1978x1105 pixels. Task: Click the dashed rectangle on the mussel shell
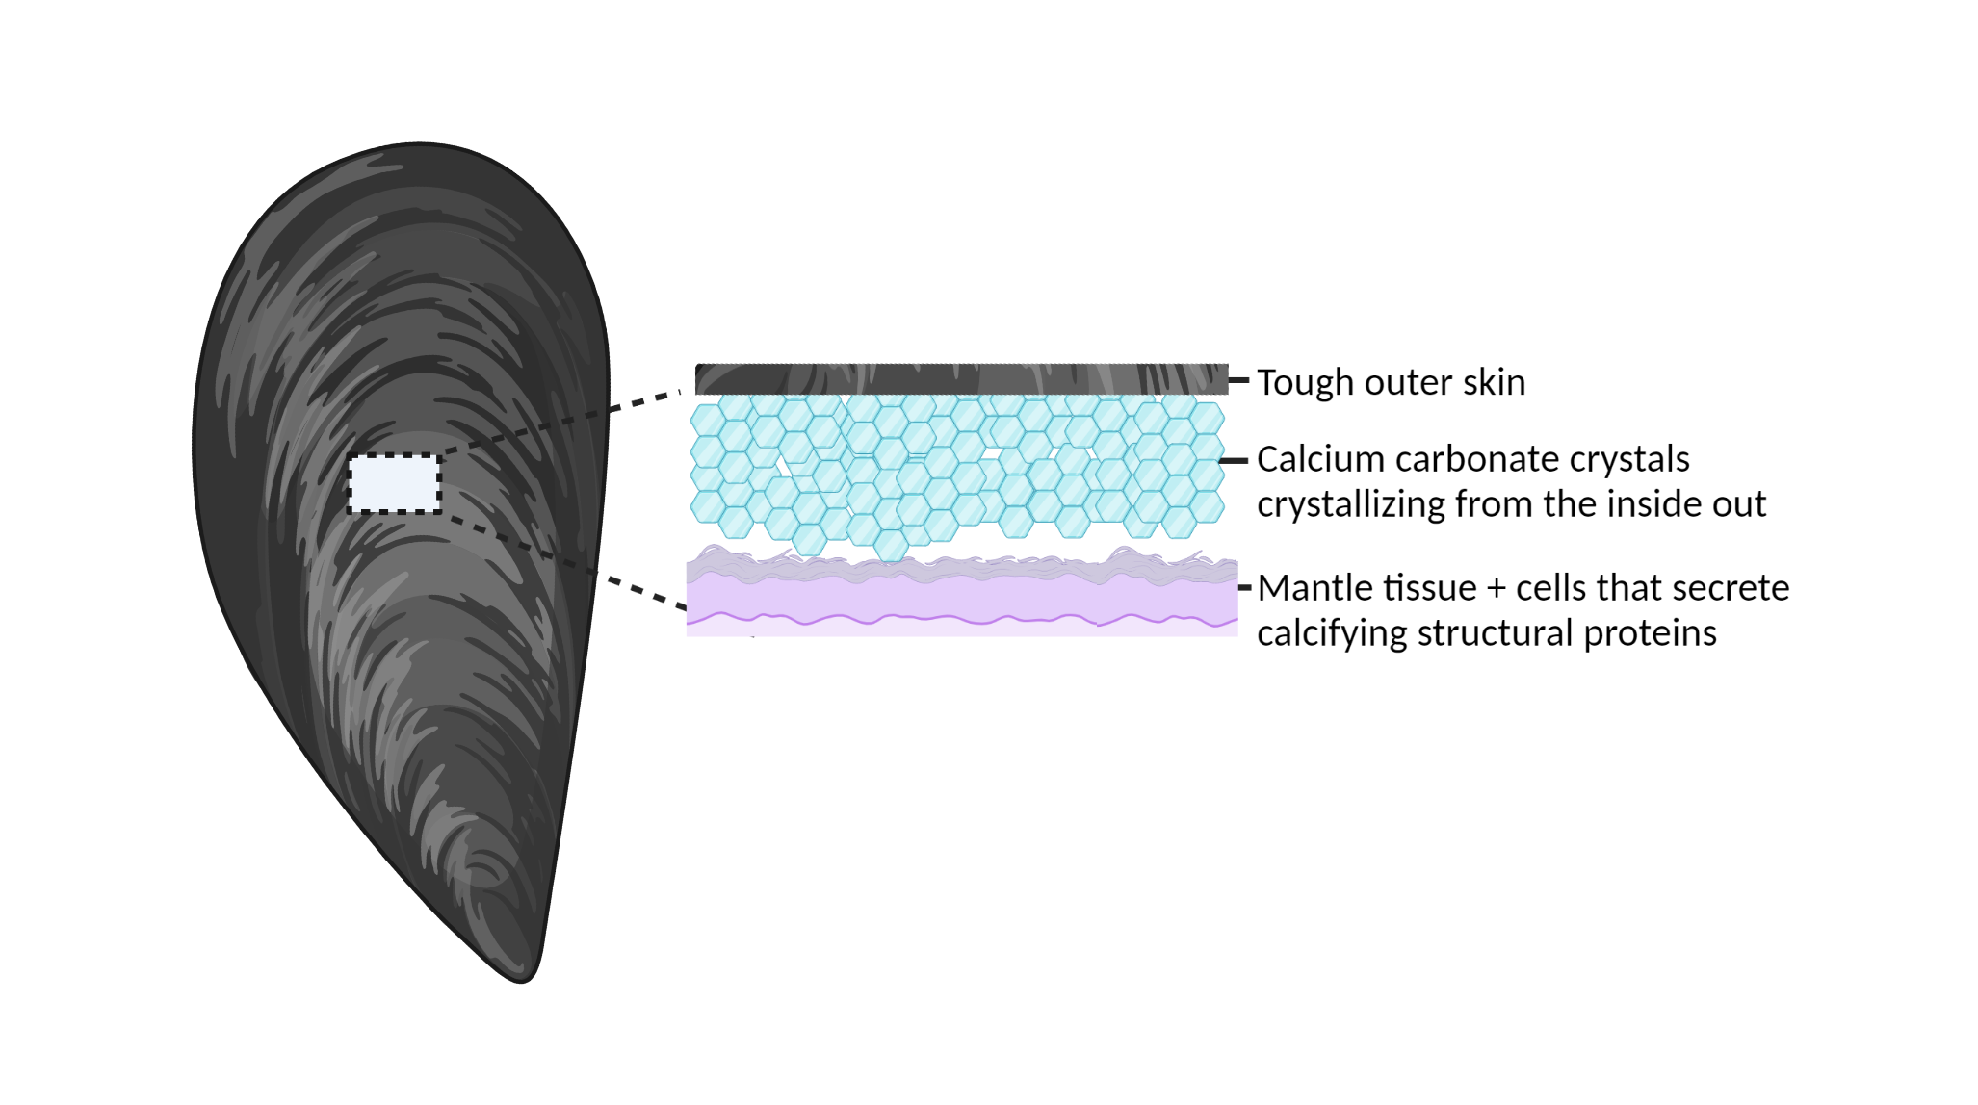[x=395, y=455]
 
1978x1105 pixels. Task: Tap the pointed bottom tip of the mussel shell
[x=523, y=981]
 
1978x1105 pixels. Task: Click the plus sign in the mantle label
[x=1496, y=588]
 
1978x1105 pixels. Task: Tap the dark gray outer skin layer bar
[x=962, y=379]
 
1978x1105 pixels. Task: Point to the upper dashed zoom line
[x=560, y=422]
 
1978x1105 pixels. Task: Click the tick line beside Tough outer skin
[x=1239, y=380]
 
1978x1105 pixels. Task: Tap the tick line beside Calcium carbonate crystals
[x=1234, y=461]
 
